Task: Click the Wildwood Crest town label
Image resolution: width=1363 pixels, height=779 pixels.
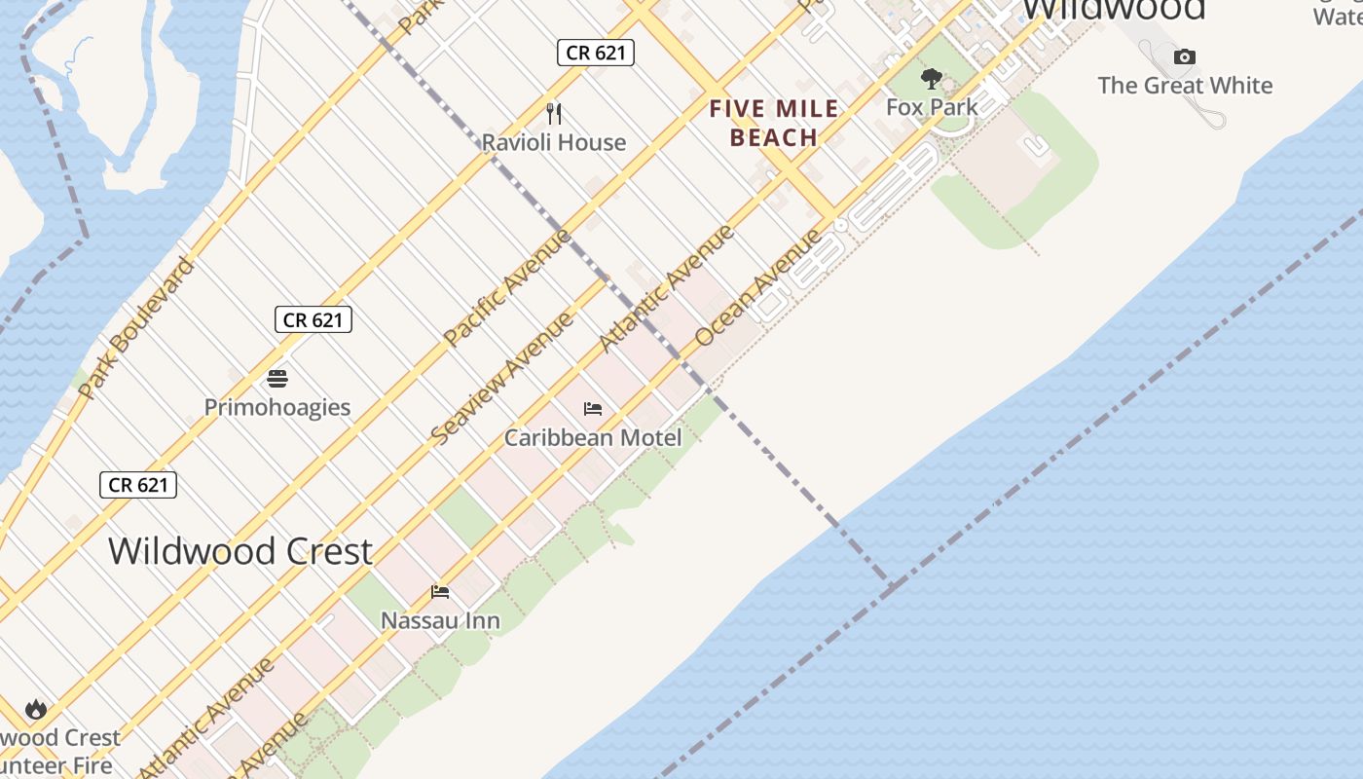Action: click(x=239, y=551)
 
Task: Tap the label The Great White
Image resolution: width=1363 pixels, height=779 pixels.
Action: click(x=1185, y=86)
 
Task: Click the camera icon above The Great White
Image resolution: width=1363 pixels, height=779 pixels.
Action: click(x=1184, y=57)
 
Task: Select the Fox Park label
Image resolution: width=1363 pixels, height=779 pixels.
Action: click(x=932, y=107)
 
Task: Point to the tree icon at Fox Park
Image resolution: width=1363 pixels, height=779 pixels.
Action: click(x=932, y=79)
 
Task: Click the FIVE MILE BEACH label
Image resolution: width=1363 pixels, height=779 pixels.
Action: click(x=774, y=123)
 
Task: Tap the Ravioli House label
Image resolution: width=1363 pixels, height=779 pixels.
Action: click(x=554, y=142)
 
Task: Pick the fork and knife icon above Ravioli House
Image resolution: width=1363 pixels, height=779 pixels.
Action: click(x=554, y=114)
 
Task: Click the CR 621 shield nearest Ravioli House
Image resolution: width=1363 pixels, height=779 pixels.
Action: click(x=596, y=53)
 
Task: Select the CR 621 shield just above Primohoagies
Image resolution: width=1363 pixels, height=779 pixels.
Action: click(x=313, y=319)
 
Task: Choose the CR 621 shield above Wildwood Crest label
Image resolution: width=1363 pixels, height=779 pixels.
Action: click(x=138, y=485)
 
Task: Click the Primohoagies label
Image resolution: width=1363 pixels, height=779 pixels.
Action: click(x=277, y=407)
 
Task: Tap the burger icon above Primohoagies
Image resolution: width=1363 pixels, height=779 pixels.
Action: click(x=277, y=379)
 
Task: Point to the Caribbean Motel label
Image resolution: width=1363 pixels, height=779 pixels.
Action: click(x=593, y=437)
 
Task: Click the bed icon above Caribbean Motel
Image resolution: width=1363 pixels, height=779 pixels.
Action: click(x=593, y=409)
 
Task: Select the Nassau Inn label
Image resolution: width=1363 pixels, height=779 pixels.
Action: click(x=440, y=620)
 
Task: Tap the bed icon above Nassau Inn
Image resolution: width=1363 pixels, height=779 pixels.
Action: click(x=440, y=592)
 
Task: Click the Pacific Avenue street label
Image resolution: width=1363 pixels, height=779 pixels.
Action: click(x=506, y=287)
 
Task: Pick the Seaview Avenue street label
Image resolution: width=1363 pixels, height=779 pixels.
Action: click(x=502, y=379)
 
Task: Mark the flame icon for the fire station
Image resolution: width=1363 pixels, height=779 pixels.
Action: click(x=36, y=709)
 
